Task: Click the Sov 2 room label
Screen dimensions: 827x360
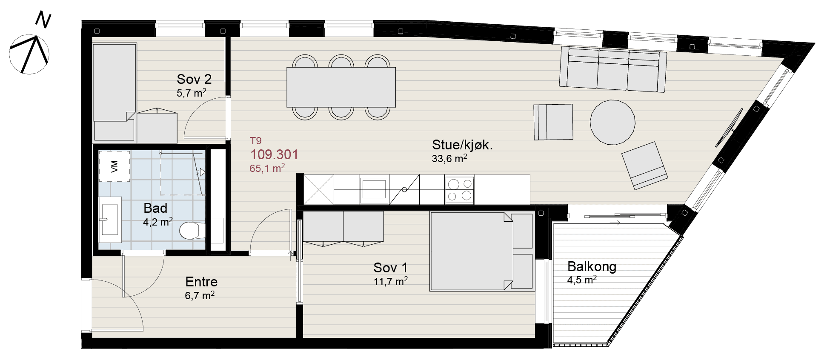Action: click(x=194, y=79)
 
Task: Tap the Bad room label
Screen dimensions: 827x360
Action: click(x=155, y=208)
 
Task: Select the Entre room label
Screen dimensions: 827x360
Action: click(x=201, y=282)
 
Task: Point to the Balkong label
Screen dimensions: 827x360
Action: click(x=592, y=266)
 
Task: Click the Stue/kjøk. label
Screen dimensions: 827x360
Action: click(x=462, y=145)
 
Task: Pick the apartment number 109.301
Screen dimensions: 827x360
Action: click(x=274, y=154)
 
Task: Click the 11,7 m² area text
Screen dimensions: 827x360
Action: click(x=391, y=281)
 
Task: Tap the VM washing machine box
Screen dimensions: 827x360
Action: click(x=114, y=166)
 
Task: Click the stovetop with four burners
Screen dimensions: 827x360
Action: click(x=460, y=190)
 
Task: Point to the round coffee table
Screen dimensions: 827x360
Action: click(x=612, y=122)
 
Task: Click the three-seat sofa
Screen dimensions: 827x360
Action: click(x=613, y=69)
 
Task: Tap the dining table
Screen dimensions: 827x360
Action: click(x=341, y=87)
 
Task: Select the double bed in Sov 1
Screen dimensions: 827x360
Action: click(x=482, y=251)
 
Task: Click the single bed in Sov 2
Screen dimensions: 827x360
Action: click(x=114, y=92)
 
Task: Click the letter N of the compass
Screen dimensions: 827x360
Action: click(x=43, y=20)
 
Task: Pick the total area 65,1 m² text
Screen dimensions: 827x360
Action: click(x=267, y=168)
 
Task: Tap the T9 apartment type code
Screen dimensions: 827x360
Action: click(x=256, y=141)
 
